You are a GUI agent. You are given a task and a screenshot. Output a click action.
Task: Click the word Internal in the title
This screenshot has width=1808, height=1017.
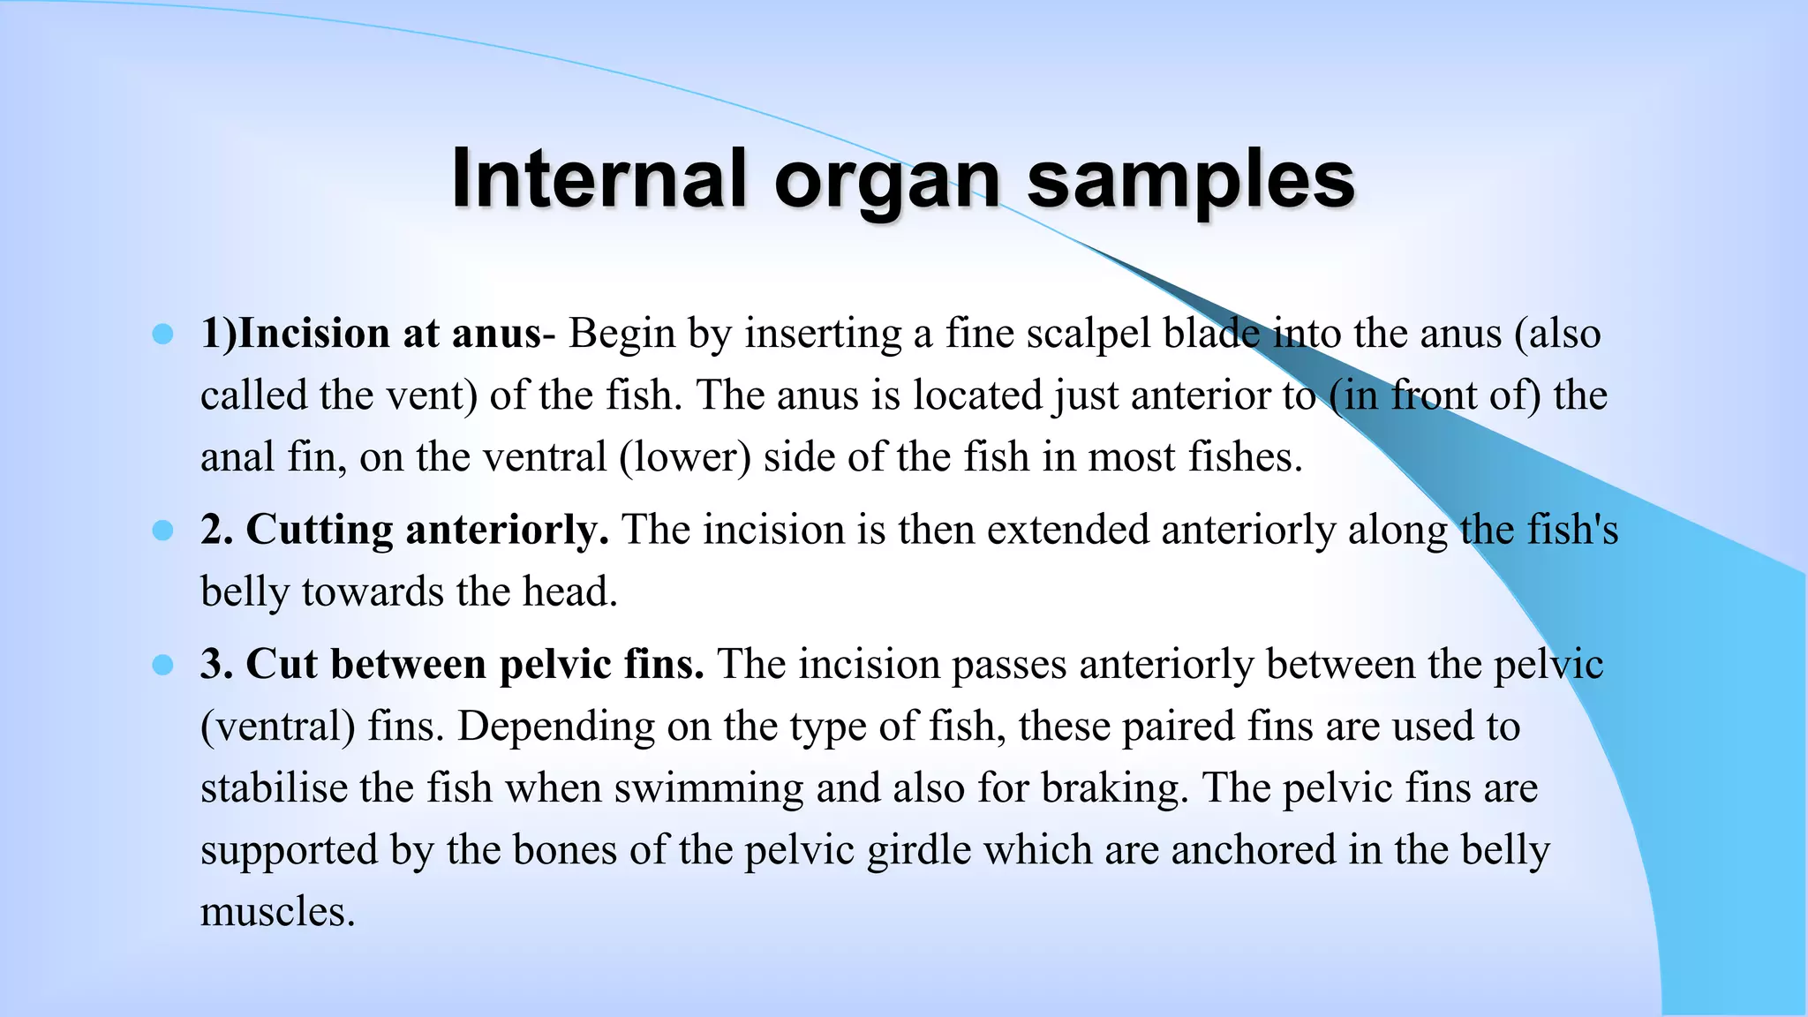point(600,179)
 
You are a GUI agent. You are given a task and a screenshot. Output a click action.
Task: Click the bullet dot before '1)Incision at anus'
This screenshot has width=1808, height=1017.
point(162,334)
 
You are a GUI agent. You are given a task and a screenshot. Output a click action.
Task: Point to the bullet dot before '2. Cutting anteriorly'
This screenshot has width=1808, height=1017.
point(162,530)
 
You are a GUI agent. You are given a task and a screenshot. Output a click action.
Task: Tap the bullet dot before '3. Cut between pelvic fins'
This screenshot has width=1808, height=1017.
point(162,664)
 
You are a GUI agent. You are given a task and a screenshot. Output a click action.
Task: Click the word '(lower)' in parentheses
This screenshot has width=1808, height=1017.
point(685,457)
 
